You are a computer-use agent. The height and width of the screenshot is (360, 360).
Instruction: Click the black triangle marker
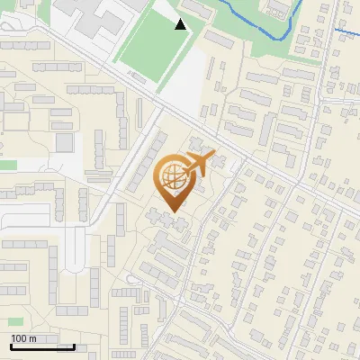tap(181, 24)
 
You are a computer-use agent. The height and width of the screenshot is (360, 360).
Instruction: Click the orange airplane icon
tap(197, 165)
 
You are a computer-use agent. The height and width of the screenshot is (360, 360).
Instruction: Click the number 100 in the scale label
tap(20, 338)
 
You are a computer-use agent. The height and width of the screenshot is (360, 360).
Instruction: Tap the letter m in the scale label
tap(33, 338)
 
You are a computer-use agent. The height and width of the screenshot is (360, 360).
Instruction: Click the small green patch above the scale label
tap(14, 321)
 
